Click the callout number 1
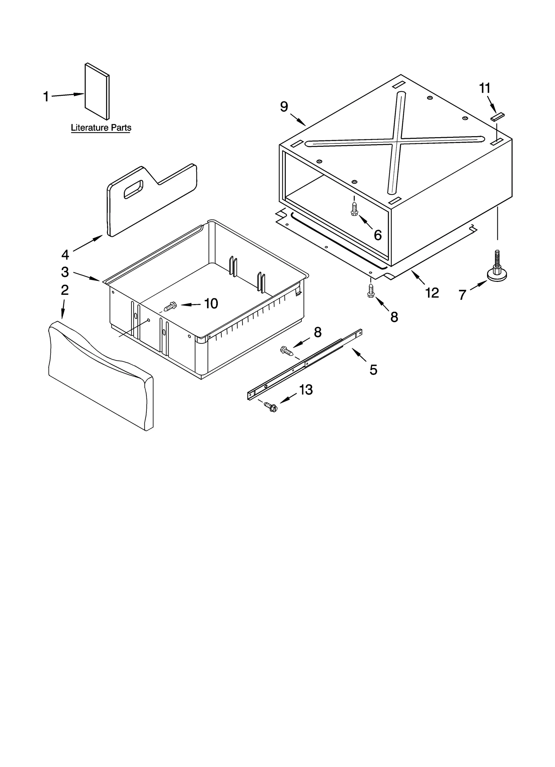[x=46, y=97]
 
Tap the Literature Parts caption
[x=101, y=127]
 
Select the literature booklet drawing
[x=97, y=91]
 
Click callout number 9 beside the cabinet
[x=284, y=107]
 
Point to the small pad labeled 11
[x=497, y=117]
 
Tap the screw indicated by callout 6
[x=354, y=209]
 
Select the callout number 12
[x=432, y=293]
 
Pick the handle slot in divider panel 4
[x=134, y=189]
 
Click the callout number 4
[x=65, y=255]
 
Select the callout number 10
[x=211, y=303]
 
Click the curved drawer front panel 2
[x=101, y=375]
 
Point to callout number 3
[x=65, y=272]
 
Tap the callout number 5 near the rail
[x=373, y=370]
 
